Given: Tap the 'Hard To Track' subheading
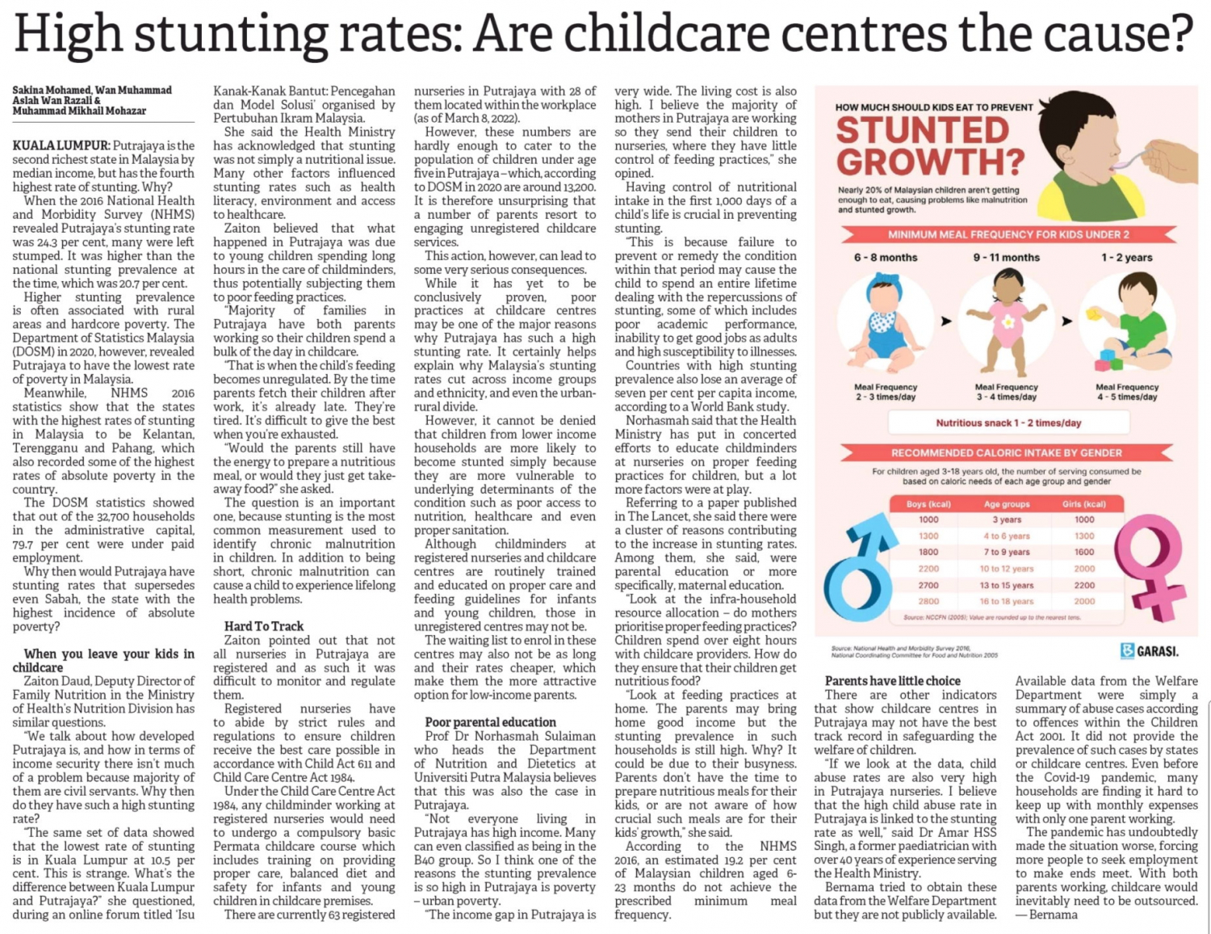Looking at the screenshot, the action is point(264,626).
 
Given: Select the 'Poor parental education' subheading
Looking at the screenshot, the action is point(490,722).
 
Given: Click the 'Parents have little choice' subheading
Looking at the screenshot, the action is point(892,681).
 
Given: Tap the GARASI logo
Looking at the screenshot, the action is point(1150,651).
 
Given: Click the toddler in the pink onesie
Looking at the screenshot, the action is point(1007,322).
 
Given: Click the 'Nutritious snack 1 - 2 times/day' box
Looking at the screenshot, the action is point(1008,423).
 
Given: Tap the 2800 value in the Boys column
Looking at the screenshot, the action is point(928,601).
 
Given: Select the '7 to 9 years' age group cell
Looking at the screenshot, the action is point(1007,552).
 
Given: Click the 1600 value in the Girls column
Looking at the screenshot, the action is point(1084,552).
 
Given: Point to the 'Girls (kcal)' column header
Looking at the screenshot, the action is point(1084,504).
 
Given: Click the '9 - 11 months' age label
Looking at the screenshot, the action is point(1007,258).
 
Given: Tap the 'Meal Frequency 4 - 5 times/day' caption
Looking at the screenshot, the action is point(1127,392).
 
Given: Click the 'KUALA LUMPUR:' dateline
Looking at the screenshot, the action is point(62,145).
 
